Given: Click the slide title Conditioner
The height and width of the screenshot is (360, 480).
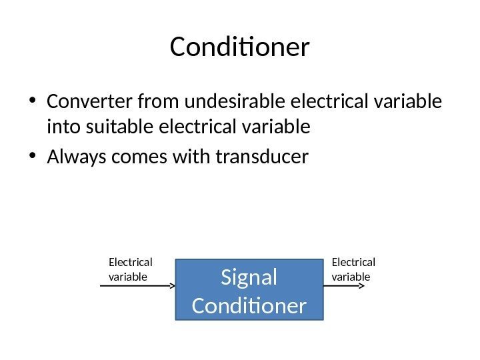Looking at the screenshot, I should [x=240, y=48].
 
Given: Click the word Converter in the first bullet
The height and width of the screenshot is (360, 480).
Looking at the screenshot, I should [x=89, y=103].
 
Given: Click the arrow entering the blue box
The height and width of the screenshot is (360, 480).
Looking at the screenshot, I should [x=137, y=285].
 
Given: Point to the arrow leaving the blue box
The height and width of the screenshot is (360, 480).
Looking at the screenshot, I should [x=343, y=285].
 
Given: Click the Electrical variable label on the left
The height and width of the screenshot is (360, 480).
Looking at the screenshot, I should [x=130, y=269].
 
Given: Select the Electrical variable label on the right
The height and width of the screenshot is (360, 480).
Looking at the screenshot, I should [x=353, y=269].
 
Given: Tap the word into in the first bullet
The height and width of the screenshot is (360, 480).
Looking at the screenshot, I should [x=62, y=126].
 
